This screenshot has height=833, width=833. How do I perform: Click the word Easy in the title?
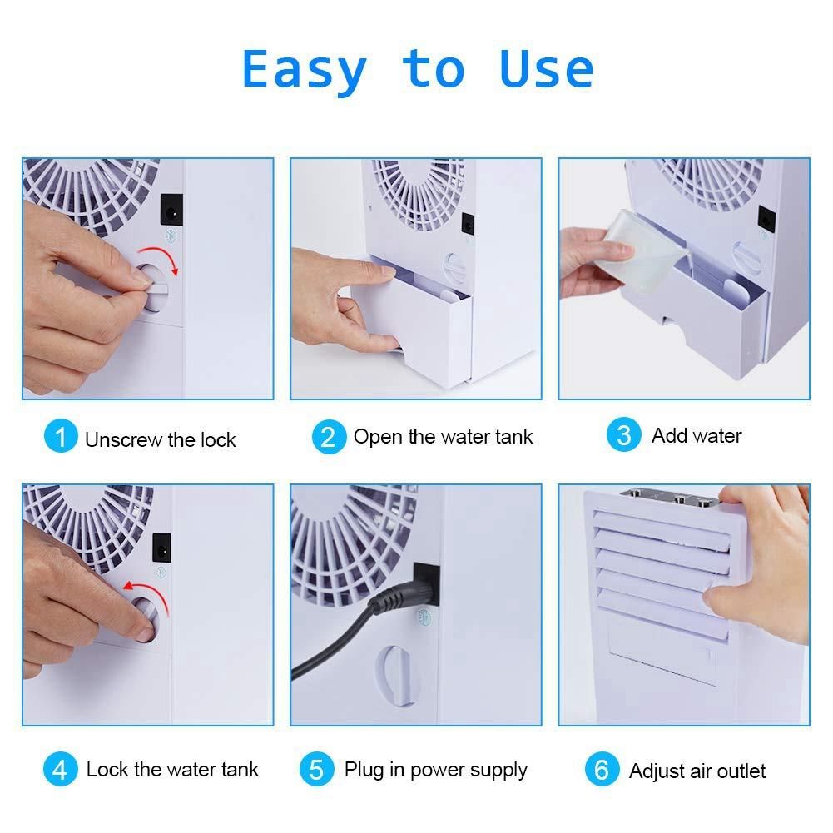click(x=305, y=70)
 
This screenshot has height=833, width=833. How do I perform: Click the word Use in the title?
click(x=546, y=68)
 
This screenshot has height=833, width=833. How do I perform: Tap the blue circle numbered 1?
click(x=61, y=435)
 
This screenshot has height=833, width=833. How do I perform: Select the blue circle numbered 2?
click(x=329, y=437)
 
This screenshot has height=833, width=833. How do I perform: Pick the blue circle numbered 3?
click(x=623, y=434)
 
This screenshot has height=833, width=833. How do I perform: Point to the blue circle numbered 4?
click(x=61, y=769)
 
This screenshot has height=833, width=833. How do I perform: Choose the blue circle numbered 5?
click(x=316, y=769)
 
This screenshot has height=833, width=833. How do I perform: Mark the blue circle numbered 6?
click(x=602, y=769)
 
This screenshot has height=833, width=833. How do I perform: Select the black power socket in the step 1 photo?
click(x=171, y=210)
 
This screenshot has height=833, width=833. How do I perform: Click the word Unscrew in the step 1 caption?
click(x=124, y=440)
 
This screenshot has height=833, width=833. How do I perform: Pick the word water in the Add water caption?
click(x=716, y=436)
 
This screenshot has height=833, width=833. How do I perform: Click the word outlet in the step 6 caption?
click(x=741, y=771)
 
